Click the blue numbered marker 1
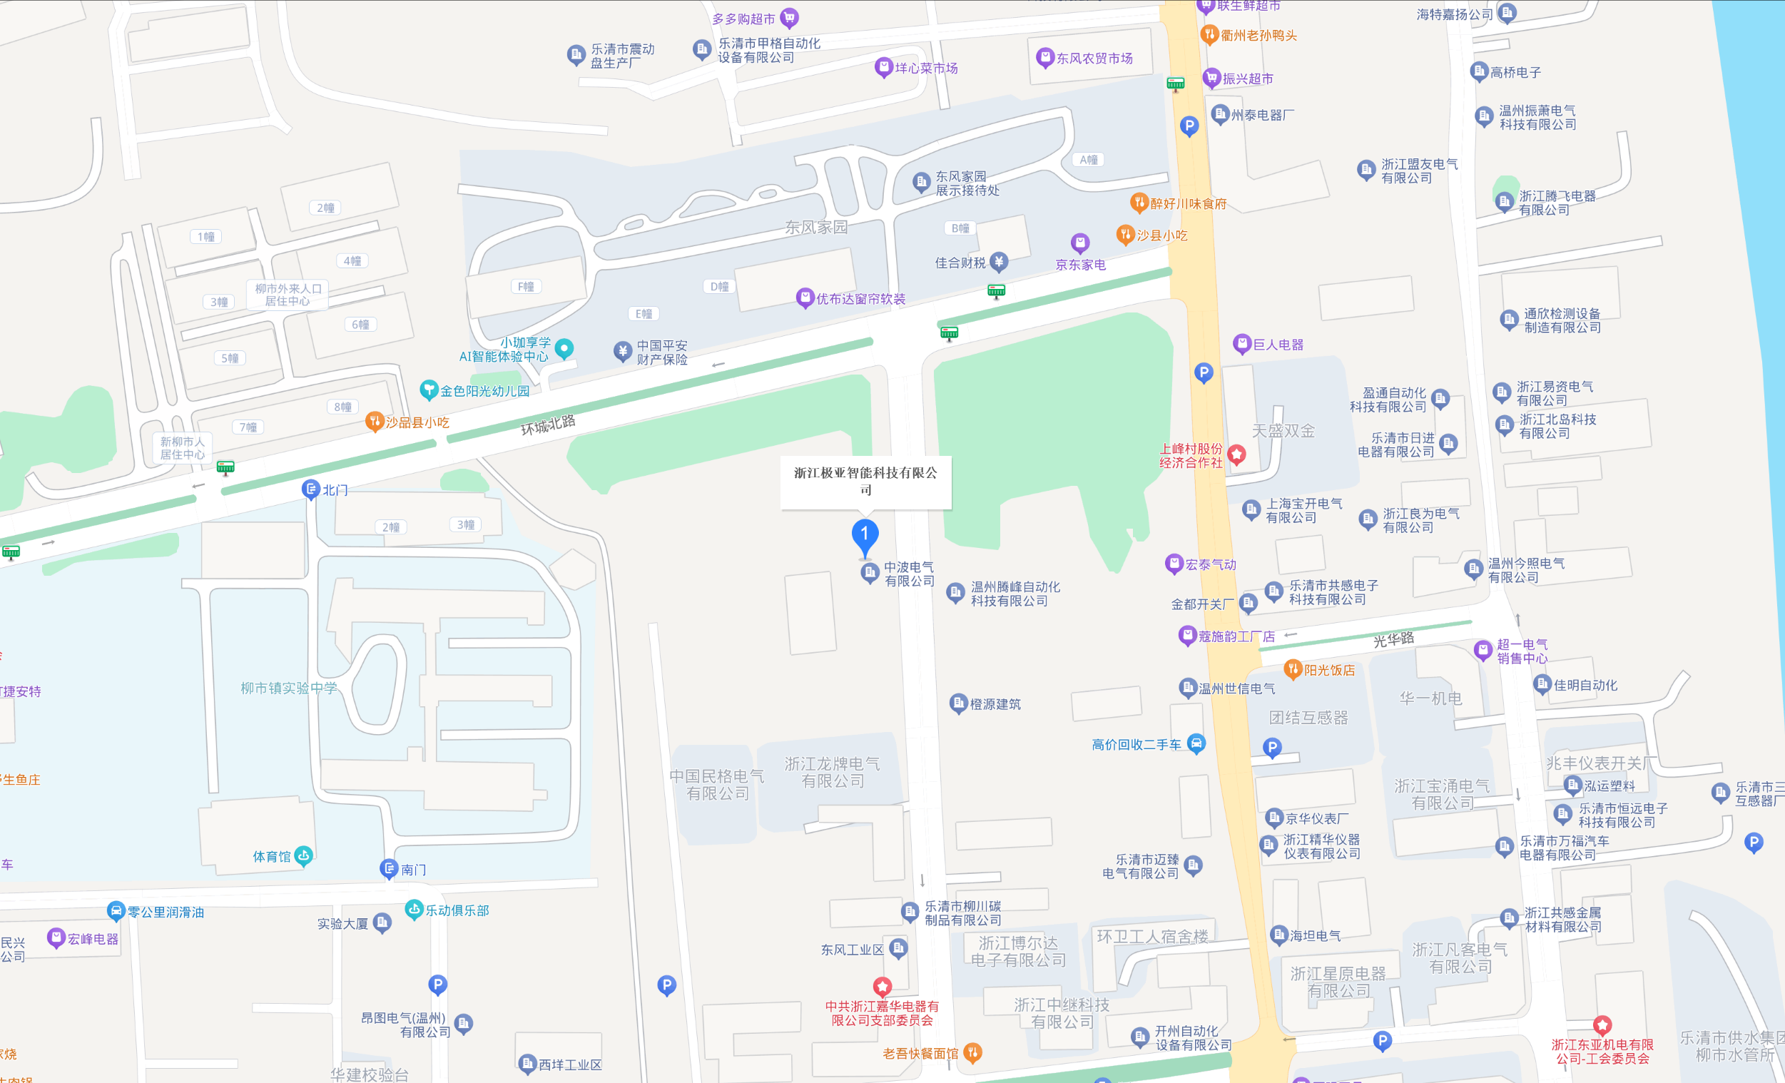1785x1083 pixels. pyautogui.click(x=864, y=536)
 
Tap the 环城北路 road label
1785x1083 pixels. pyautogui.click(x=548, y=424)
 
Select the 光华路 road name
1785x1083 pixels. pyautogui.click(x=1393, y=640)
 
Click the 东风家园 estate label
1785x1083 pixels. pyautogui.click(x=815, y=228)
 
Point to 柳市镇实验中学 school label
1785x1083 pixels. pyautogui.click(x=288, y=688)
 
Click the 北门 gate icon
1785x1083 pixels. pyautogui.click(x=311, y=489)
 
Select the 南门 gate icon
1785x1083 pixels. pyautogui.click(x=389, y=868)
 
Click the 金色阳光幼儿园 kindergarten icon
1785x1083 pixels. pyautogui.click(x=429, y=390)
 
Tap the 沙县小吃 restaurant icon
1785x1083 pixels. pyautogui.click(x=1125, y=234)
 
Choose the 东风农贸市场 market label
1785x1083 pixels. pyautogui.click(x=1094, y=59)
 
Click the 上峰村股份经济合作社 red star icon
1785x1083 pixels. pyautogui.click(x=1236, y=455)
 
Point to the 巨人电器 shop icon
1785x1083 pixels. pyautogui.click(x=1241, y=344)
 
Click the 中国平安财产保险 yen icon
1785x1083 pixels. pyautogui.click(x=622, y=351)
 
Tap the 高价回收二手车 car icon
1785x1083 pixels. pyautogui.click(x=1196, y=743)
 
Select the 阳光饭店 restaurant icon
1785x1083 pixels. pyautogui.click(x=1293, y=669)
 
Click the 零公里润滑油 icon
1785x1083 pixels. pyautogui.click(x=115, y=911)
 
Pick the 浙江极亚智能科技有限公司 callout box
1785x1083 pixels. pyautogui.click(x=865, y=481)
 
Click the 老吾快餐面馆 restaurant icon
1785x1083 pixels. pyautogui.click(x=973, y=1052)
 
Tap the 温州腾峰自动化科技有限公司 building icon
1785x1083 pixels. pyautogui.click(x=955, y=593)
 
